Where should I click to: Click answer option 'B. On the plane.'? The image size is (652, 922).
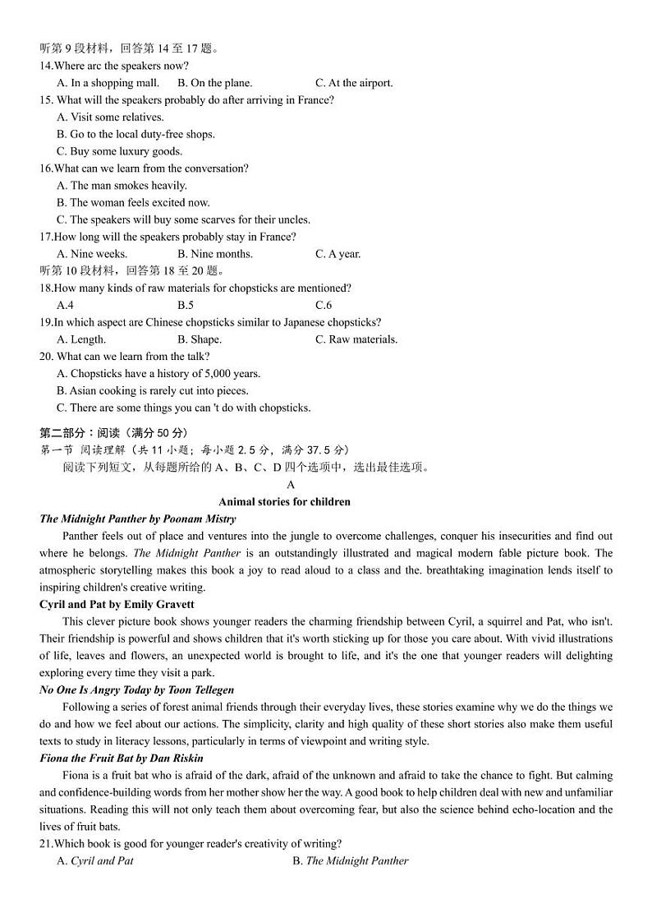pyautogui.click(x=215, y=83)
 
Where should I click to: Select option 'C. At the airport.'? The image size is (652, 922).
pyautogui.click(x=354, y=83)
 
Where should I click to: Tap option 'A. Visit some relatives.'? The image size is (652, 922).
pyautogui.click(x=110, y=117)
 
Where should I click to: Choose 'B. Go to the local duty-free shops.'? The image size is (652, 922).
pyautogui.click(x=135, y=134)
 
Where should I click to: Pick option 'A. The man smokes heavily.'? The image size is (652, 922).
pyautogui.click(x=122, y=186)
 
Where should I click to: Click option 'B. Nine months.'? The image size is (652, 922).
pyautogui.click(x=215, y=254)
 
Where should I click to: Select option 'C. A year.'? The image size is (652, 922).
pyautogui.click(x=337, y=254)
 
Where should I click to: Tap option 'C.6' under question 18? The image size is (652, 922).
pyautogui.click(x=323, y=305)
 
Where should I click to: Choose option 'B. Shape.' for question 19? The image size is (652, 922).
pyautogui.click(x=200, y=339)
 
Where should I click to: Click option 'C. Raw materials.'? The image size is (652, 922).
pyautogui.click(x=356, y=339)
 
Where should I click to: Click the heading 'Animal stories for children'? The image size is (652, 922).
pyautogui.click(x=284, y=502)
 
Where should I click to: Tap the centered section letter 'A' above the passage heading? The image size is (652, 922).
pyautogui.click(x=291, y=485)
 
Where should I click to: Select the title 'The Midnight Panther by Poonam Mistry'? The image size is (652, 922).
pyautogui.click(x=137, y=519)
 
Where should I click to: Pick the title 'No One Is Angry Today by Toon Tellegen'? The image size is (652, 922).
pyautogui.click(x=136, y=689)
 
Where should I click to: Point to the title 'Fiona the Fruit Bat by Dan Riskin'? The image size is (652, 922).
pyautogui.click(x=121, y=758)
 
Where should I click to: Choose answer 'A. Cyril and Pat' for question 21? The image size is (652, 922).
pyautogui.click(x=94, y=861)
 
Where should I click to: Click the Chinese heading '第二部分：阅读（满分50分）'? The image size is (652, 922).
pyautogui.click(x=113, y=432)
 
